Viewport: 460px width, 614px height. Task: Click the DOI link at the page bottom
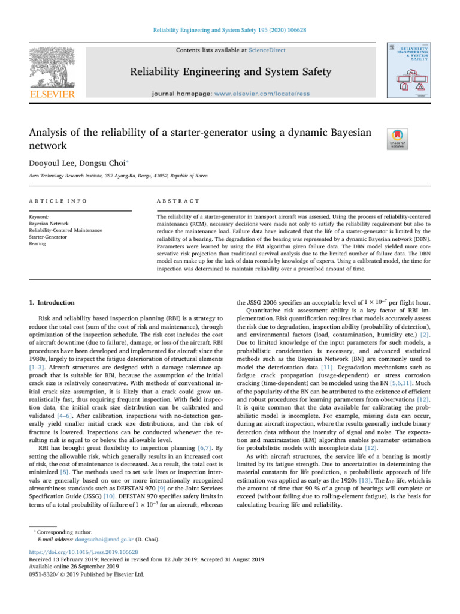tap(84, 552)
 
